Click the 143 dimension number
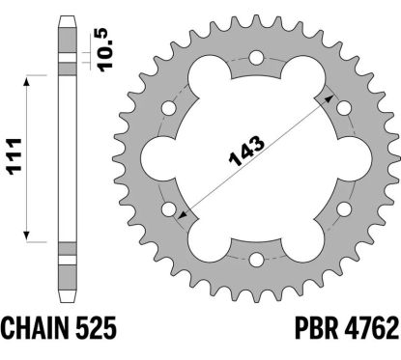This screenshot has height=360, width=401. [246, 151]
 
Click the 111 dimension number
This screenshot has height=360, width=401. [14, 156]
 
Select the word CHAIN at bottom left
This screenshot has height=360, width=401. [35, 328]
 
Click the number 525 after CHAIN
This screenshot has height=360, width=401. [96, 328]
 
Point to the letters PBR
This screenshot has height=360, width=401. [316, 328]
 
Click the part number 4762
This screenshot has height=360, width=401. [372, 328]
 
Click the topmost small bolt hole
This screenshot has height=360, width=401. [257, 58]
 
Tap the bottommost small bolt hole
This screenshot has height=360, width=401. [257, 260]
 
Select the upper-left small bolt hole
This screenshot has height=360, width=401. [169, 108]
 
